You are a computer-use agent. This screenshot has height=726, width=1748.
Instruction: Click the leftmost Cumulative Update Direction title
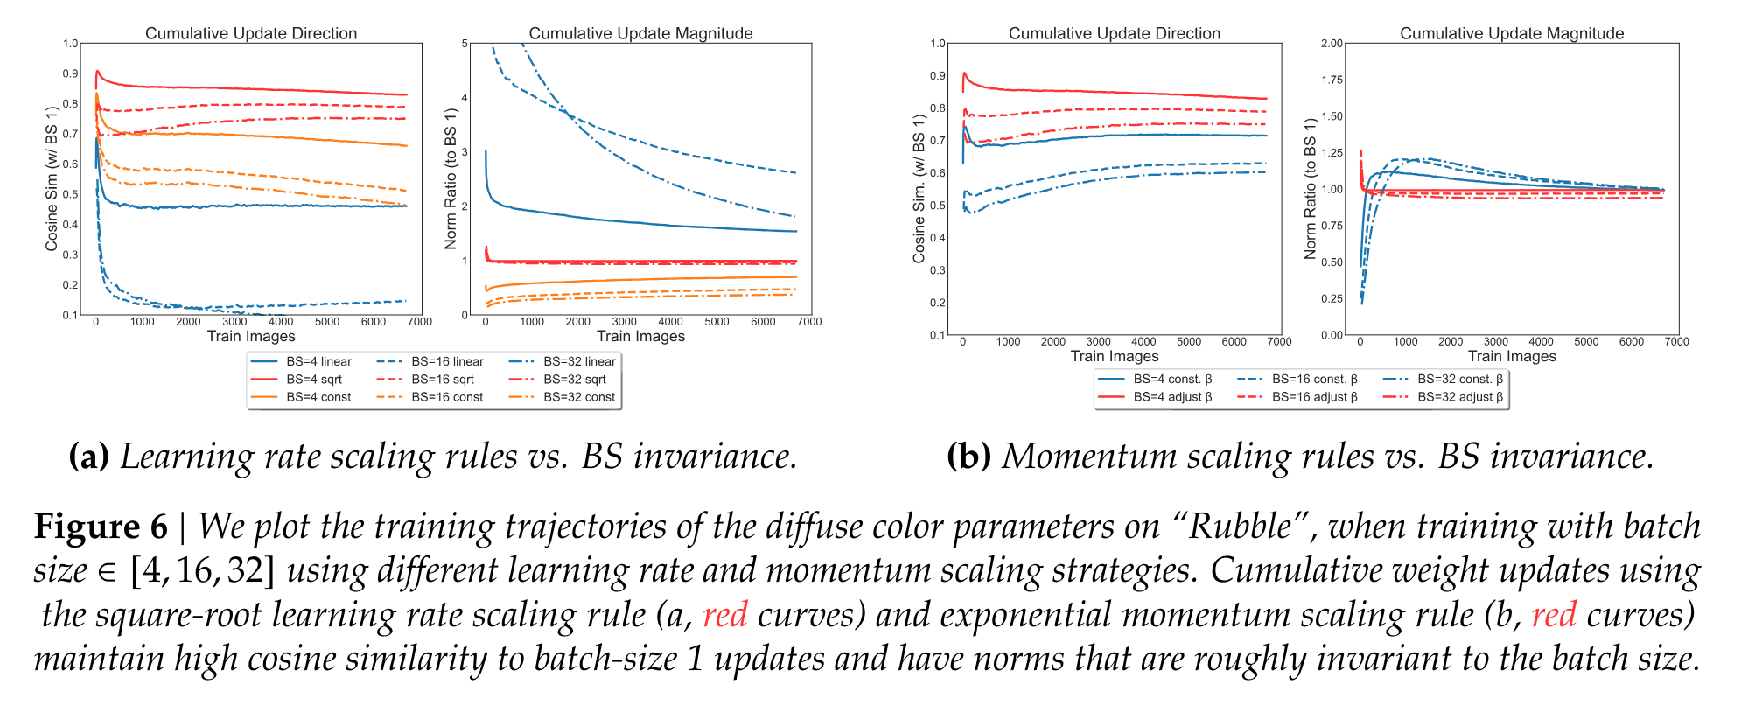[251, 33]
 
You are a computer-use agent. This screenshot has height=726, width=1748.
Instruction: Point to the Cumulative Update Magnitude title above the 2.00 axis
[1511, 33]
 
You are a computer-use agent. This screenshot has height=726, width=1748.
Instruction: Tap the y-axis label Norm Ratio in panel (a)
[451, 179]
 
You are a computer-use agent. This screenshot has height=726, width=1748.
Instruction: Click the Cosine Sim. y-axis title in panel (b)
[919, 188]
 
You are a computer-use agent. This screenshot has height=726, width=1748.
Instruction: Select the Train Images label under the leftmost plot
[251, 337]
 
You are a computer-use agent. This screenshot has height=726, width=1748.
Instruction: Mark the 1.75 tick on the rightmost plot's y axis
[1332, 80]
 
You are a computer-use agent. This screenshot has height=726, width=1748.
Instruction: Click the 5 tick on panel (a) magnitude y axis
[465, 44]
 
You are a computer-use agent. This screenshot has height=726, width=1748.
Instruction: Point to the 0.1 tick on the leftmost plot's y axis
[70, 315]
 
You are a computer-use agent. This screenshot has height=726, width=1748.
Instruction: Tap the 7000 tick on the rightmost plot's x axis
[1676, 342]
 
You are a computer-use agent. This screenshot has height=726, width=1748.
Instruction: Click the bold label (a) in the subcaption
[89, 457]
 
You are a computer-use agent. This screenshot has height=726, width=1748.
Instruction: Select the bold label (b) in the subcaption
[968, 457]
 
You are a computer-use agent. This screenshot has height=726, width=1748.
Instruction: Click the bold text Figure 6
[101, 527]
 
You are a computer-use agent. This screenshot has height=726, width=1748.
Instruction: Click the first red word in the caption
[724, 615]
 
